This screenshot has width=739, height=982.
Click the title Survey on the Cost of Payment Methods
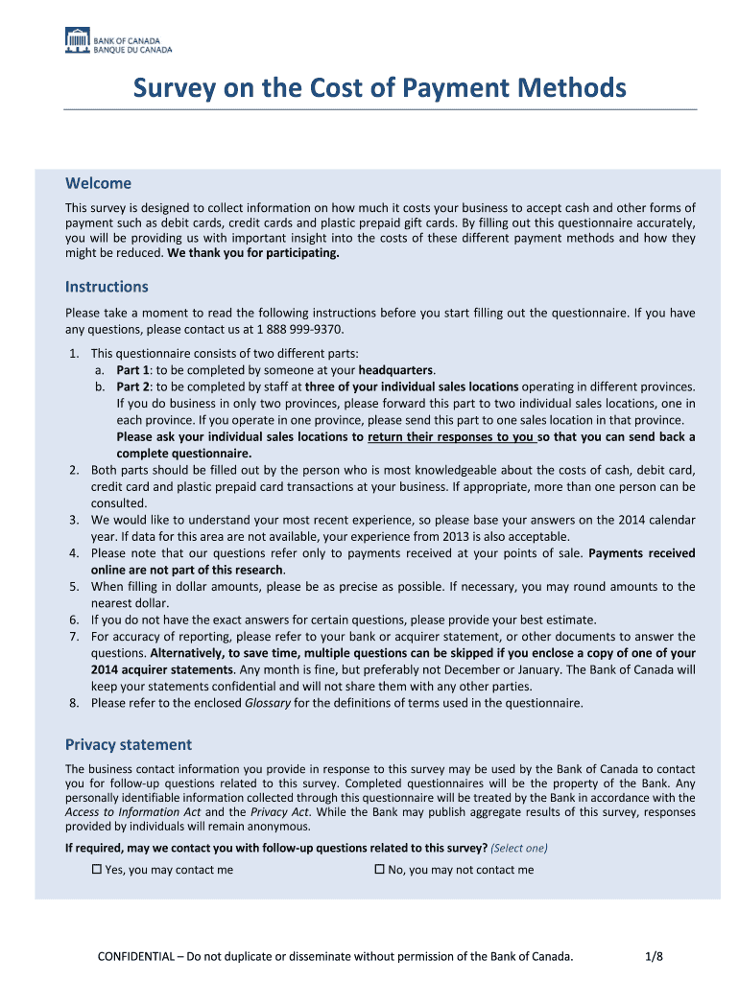click(379, 89)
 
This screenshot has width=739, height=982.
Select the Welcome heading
click(98, 183)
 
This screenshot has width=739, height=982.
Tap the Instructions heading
click(107, 287)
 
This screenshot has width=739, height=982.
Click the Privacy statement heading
click(128, 744)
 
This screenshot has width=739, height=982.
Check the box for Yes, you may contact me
click(96, 870)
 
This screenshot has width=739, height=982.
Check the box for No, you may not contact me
click(379, 870)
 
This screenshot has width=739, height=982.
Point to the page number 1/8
click(655, 956)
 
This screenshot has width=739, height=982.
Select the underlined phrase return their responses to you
click(451, 436)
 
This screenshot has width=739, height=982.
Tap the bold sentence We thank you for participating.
click(253, 254)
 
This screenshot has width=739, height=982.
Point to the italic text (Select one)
click(519, 848)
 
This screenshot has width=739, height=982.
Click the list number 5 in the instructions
click(74, 586)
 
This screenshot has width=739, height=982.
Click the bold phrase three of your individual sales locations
click(412, 386)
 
